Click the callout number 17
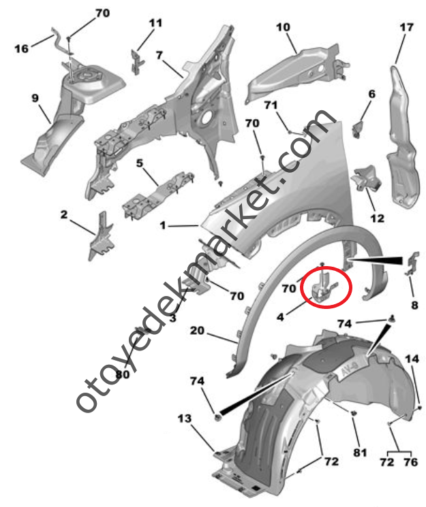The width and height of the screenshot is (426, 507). [x=406, y=27]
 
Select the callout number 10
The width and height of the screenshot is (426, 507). [x=283, y=27]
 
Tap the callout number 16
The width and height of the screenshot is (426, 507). [x=21, y=48]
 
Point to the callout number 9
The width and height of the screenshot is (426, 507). [x=35, y=97]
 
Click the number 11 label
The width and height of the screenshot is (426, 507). [x=155, y=23]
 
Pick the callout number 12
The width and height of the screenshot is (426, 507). [x=377, y=218]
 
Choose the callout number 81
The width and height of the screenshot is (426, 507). [x=360, y=453]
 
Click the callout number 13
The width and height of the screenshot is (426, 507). [x=185, y=419]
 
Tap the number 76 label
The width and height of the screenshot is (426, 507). [x=411, y=462]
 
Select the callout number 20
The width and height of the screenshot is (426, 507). [x=197, y=331]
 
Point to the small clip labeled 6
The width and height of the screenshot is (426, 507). [x=356, y=129]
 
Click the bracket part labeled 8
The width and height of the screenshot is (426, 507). [x=412, y=263]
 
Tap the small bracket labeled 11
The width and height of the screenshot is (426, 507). [x=137, y=62]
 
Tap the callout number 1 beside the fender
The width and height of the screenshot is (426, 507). [x=163, y=225]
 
